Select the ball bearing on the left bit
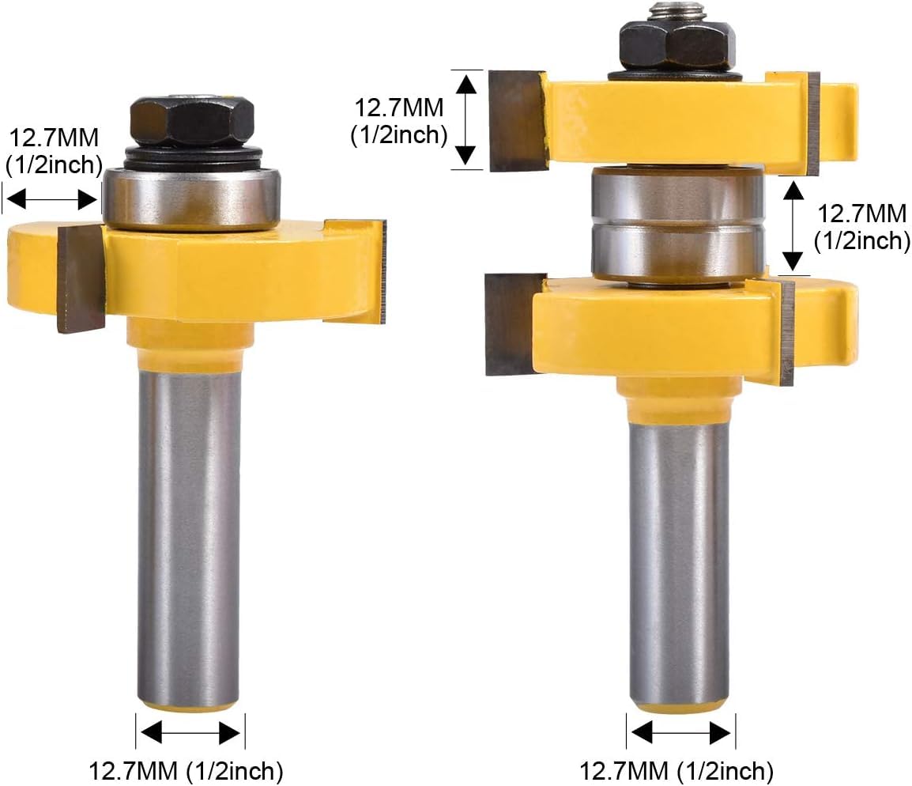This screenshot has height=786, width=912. point(191,198)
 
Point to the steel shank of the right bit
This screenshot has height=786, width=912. point(680,557)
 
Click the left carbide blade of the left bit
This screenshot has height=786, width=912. point(81,279)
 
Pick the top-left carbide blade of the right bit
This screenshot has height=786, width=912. point(517,120)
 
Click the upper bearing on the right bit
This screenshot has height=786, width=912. point(677,195)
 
